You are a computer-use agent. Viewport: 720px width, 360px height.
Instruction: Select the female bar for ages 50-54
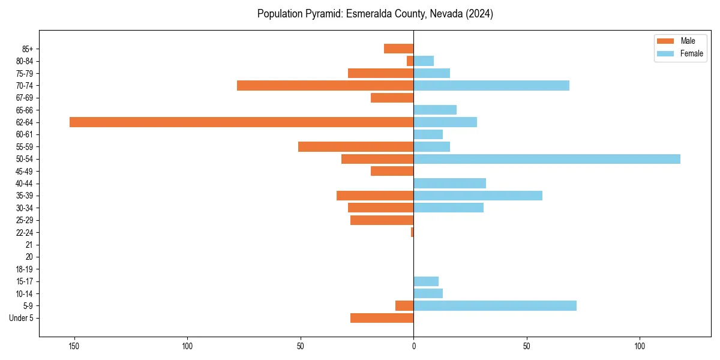tap(547, 159)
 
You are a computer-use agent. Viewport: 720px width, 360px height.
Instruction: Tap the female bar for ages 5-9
tap(495, 305)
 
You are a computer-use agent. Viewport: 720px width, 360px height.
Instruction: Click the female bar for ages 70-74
tap(491, 85)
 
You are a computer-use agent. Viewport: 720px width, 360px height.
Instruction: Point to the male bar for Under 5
tap(382, 318)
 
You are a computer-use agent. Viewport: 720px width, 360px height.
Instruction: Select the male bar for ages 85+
tap(398, 49)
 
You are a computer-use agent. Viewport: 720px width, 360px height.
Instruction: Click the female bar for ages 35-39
tap(478, 196)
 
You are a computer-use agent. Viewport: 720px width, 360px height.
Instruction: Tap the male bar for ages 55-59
tap(356, 146)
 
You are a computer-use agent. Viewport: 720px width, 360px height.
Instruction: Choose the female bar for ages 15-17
tap(426, 281)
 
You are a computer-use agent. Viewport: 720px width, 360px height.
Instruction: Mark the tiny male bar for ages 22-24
tap(412, 232)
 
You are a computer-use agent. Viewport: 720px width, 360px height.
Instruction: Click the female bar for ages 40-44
tap(449, 183)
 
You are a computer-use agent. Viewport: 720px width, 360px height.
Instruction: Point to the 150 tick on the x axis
tap(74, 346)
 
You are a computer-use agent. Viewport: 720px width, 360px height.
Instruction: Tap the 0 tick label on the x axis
tap(413, 346)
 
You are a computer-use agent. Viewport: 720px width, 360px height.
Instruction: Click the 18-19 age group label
tap(25, 269)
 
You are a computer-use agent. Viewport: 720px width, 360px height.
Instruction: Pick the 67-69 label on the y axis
tap(25, 98)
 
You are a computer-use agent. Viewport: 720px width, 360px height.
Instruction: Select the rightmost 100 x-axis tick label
tap(640, 346)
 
